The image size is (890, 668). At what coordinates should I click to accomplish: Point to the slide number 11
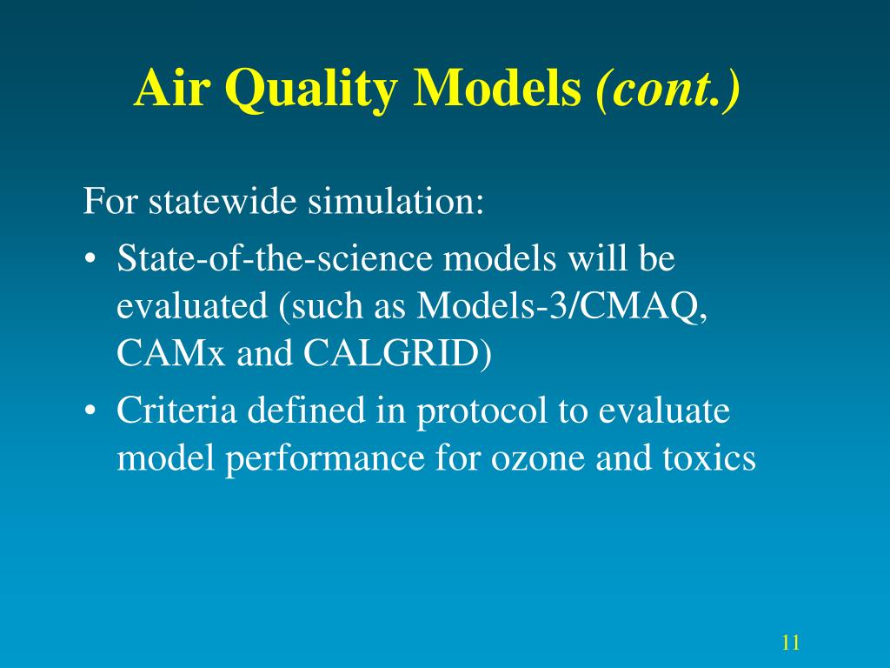pos(791,643)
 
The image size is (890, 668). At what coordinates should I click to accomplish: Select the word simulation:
pos(395,201)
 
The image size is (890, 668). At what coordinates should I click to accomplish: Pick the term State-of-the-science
pos(274,257)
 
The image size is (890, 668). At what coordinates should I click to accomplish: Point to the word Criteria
pos(176,410)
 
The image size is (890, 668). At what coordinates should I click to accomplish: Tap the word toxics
pos(709,458)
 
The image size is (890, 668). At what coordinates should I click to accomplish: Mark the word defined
pos(306,410)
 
